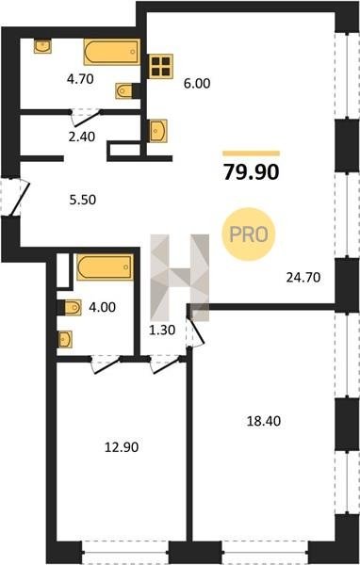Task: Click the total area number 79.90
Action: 251,172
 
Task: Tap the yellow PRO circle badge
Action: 249,234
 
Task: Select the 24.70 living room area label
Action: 303,278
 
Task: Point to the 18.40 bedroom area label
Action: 263,421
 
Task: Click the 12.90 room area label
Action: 122,447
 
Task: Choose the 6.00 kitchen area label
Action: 197,83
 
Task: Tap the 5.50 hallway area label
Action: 83,200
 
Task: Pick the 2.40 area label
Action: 82,137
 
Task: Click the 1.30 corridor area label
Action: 162,330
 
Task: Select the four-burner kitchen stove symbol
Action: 161,66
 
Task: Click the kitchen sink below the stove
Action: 158,131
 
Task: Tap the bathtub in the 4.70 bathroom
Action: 112,52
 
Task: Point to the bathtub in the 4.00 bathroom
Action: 105,267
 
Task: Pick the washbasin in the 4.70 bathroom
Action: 42,46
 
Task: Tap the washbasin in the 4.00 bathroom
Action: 65,339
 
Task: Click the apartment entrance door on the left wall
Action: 15,197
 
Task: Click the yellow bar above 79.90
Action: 251,153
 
